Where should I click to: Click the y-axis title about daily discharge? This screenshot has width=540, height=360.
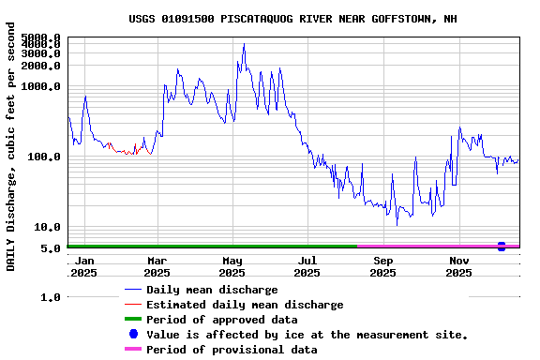[11, 155]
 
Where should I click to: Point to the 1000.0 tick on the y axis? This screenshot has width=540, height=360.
[41, 86]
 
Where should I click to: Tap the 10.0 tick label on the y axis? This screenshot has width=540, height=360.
[48, 227]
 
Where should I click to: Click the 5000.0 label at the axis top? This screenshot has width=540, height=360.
[41, 38]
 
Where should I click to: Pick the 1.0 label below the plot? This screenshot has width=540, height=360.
[51, 297]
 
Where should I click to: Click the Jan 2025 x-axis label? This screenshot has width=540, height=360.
[84, 266]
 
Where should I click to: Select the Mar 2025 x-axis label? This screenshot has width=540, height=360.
[157, 266]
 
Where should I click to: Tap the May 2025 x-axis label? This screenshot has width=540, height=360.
[232, 266]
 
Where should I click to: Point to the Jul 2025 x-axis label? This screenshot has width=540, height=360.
[307, 266]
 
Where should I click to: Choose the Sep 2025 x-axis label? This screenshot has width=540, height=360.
[382, 266]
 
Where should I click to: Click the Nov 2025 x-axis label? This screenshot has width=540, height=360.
[458, 266]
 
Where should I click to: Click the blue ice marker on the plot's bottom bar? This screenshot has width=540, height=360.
[502, 247]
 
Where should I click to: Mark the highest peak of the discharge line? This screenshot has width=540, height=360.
[244, 44]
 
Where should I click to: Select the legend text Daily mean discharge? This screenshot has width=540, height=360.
[212, 290]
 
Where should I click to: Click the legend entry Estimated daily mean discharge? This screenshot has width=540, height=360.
[245, 305]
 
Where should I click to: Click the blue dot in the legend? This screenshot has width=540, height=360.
[133, 335]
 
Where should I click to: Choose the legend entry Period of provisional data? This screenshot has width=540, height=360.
[232, 350]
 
